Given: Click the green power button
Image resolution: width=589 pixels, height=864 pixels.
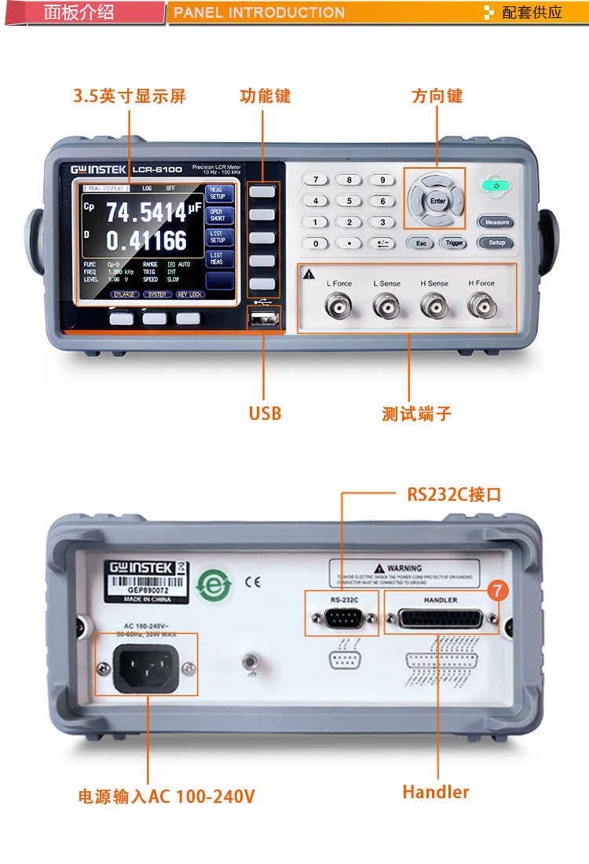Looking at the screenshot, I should (x=496, y=186).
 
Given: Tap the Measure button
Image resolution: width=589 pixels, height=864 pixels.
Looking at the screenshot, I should (x=496, y=222).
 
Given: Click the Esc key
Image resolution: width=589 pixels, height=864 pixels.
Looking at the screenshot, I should (x=421, y=243).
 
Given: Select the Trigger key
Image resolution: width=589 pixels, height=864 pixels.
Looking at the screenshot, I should (x=455, y=243).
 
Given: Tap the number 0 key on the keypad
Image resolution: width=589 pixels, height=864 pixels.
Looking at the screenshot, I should (x=316, y=243).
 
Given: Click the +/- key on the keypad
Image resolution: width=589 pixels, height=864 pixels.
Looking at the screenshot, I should (x=382, y=243).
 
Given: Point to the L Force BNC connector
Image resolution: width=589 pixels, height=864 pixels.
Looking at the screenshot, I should (x=339, y=305).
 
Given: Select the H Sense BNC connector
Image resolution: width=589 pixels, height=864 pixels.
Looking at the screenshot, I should (x=433, y=305).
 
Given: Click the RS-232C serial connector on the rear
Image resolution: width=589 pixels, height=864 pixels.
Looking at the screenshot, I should (x=342, y=619).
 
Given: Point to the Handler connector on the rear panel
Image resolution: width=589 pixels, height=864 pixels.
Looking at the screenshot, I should (x=441, y=620).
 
